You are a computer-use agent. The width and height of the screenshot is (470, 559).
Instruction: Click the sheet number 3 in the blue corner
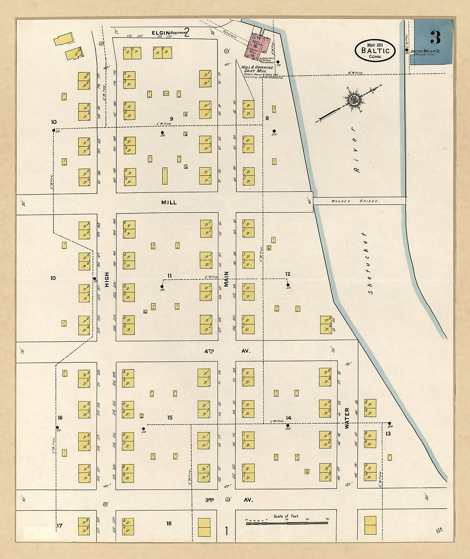tap(435, 38)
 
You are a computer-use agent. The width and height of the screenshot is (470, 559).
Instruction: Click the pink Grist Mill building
tap(258, 46)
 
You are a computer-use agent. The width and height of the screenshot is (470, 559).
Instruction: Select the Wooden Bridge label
tap(355, 201)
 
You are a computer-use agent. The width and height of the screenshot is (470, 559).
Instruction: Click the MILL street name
tap(169, 202)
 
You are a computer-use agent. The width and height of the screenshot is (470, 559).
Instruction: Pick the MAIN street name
tap(226, 279)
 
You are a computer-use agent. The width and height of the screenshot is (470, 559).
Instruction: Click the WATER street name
tap(347, 418)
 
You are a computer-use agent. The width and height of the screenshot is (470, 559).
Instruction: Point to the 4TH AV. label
tap(226, 351)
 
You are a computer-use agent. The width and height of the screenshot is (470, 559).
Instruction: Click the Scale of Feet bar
tap(286, 522)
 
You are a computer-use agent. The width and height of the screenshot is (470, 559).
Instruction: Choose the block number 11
tap(170, 276)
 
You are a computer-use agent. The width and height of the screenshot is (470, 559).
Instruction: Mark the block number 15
tap(170, 417)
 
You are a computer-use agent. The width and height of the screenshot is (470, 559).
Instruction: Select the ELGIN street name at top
tap(160, 33)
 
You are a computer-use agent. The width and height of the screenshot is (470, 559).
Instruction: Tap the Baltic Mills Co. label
tap(425, 52)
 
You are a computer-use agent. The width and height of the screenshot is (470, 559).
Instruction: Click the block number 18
tap(169, 523)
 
